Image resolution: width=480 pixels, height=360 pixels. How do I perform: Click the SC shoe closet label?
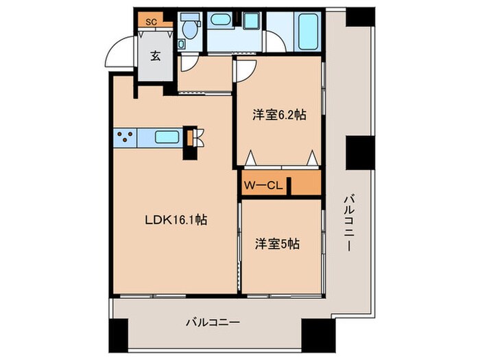(152, 21)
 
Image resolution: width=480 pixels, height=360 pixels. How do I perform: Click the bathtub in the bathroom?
(308, 32)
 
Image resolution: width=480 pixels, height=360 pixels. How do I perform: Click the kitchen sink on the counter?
(167, 136)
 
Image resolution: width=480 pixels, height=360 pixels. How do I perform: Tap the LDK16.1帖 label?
(176, 220)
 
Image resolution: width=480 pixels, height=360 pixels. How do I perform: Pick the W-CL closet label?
(261, 185)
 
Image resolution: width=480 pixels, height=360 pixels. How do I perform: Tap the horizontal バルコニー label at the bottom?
(211, 321)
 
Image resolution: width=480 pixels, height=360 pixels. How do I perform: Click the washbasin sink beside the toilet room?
(221, 21)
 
